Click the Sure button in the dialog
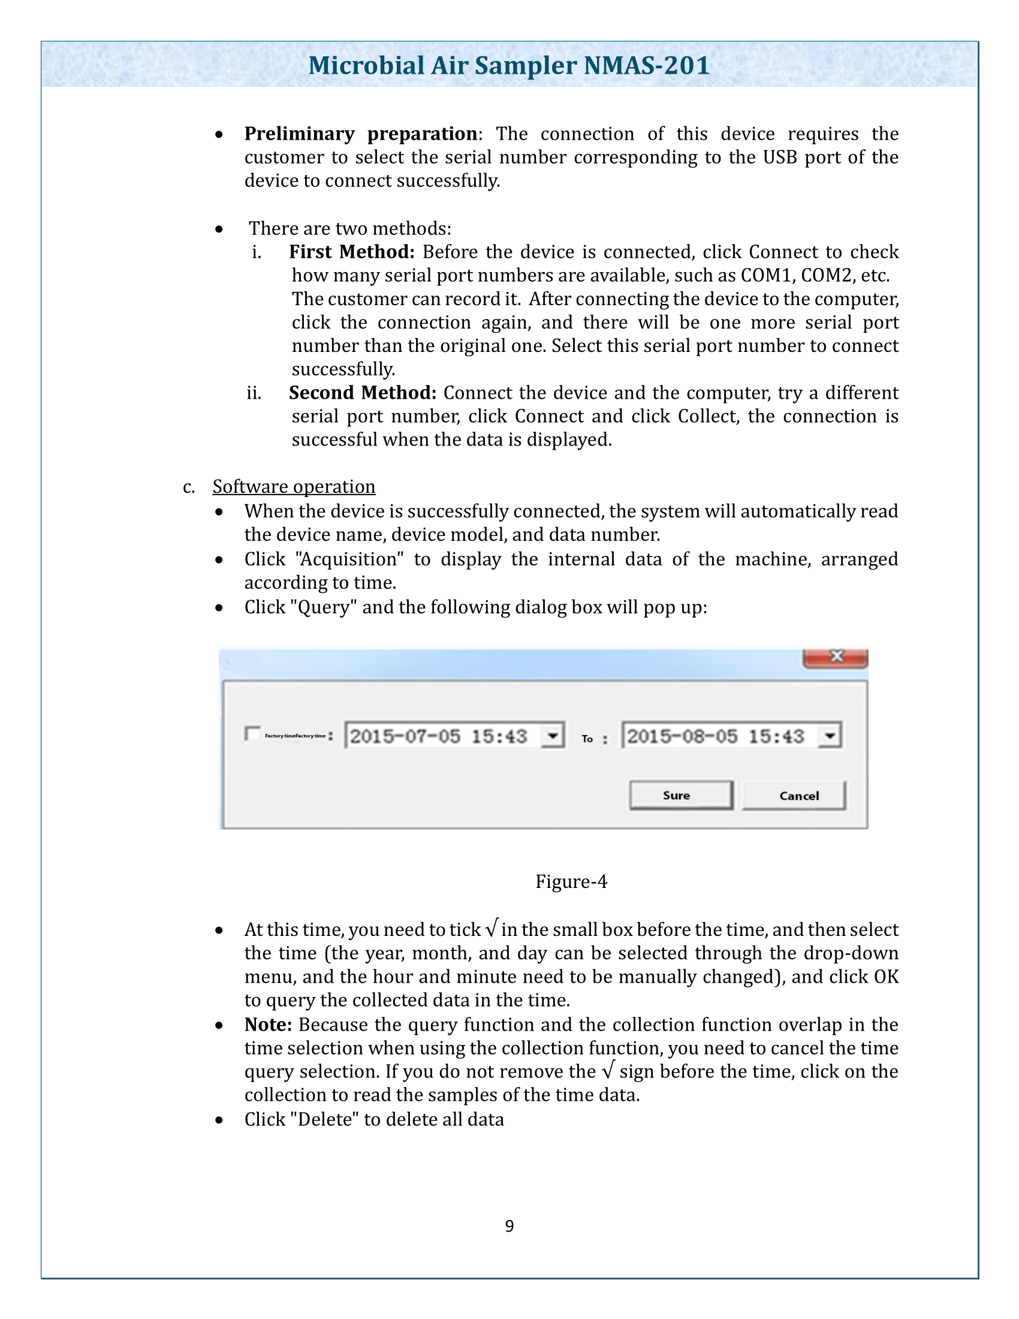(x=680, y=796)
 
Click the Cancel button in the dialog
(x=793, y=796)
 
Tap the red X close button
(x=836, y=657)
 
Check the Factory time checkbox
(x=252, y=734)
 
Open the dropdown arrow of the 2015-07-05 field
(x=551, y=736)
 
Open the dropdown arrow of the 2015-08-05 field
(x=830, y=736)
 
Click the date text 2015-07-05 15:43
(x=439, y=736)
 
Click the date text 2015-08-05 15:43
(x=715, y=736)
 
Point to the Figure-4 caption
(x=571, y=882)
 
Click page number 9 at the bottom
(x=509, y=1226)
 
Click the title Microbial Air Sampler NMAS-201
(x=509, y=65)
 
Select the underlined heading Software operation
(x=294, y=487)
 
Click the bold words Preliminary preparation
(x=360, y=134)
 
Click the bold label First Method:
(x=351, y=252)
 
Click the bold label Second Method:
(x=362, y=393)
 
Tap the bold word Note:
(x=268, y=1025)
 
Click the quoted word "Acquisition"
(x=349, y=559)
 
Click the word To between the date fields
(x=587, y=739)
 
